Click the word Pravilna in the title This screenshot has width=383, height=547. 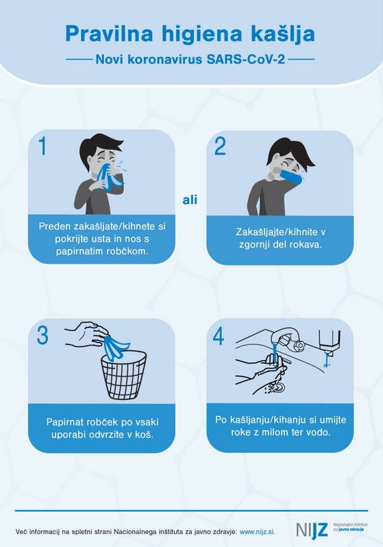pyautogui.click(x=109, y=34)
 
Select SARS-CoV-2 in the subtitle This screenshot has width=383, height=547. pyautogui.click(x=246, y=59)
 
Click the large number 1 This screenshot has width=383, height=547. pyautogui.click(x=42, y=146)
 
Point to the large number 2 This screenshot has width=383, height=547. pyautogui.click(x=220, y=146)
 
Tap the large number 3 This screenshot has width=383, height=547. pyautogui.click(x=42, y=335)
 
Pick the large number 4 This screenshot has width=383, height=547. pyautogui.click(x=219, y=336)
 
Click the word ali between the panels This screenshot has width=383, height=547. pyautogui.click(x=190, y=200)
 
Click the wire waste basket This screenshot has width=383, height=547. pyautogui.click(x=124, y=375)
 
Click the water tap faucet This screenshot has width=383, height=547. pyautogui.click(x=286, y=340)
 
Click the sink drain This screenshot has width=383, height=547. pyautogui.click(x=278, y=386)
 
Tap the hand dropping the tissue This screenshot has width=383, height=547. pyautogui.click(x=86, y=334)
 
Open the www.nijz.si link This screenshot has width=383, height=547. pyautogui.click(x=258, y=532)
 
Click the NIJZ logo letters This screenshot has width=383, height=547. pyautogui.click(x=312, y=530)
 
